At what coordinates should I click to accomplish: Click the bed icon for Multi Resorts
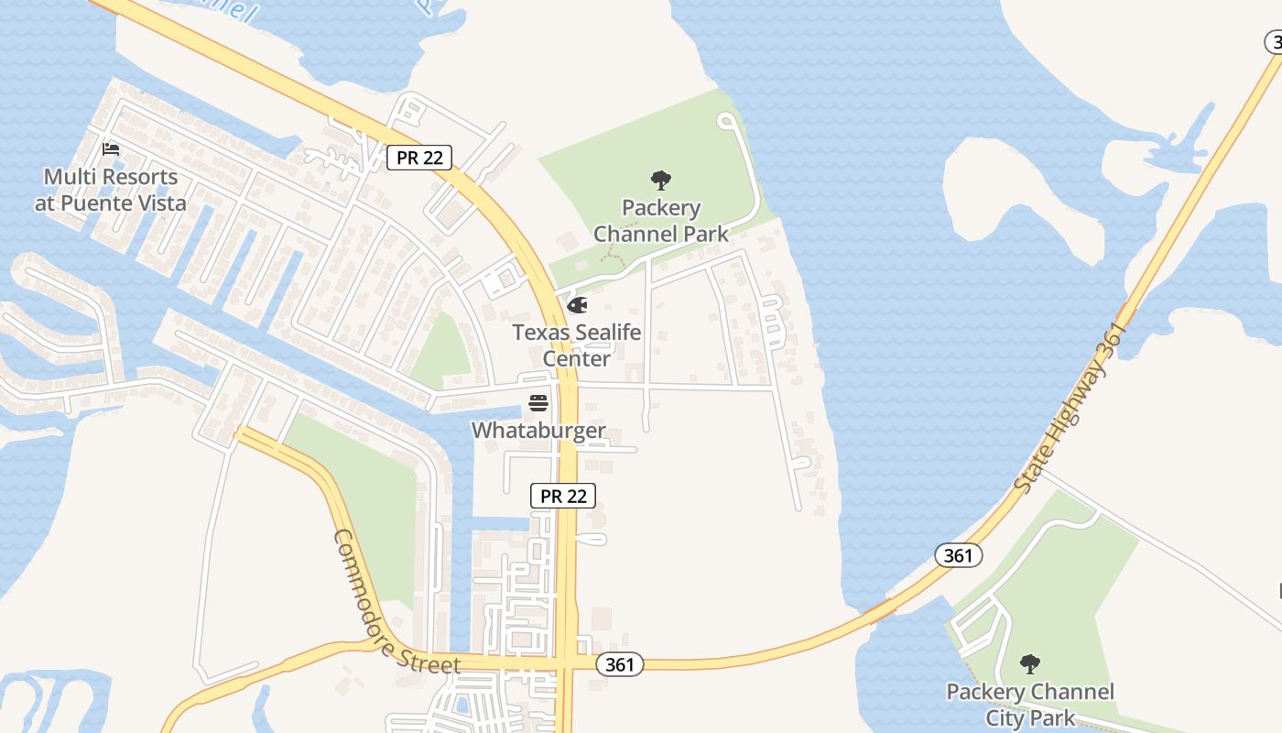click(111, 148)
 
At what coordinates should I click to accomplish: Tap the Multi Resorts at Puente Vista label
click(111, 190)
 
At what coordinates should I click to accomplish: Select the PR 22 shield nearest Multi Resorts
click(419, 158)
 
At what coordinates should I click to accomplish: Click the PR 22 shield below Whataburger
click(563, 496)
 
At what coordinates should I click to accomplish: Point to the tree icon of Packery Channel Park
click(660, 180)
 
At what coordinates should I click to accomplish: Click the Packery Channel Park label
click(661, 221)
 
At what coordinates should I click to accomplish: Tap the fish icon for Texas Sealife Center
click(577, 305)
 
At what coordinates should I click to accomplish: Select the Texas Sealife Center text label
click(576, 345)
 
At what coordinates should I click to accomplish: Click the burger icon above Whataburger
click(538, 402)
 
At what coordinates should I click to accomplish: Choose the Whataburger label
click(538, 430)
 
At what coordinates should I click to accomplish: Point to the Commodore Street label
click(396, 601)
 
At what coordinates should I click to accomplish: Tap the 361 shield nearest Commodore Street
click(620, 665)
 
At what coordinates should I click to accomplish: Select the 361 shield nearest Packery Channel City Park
click(959, 554)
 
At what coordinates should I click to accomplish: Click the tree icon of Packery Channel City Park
click(1030, 663)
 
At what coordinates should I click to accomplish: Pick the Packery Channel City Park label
click(1030, 704)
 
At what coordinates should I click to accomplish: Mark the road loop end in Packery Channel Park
click(727, 120)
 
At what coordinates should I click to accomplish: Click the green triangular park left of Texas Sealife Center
click(443, 352)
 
